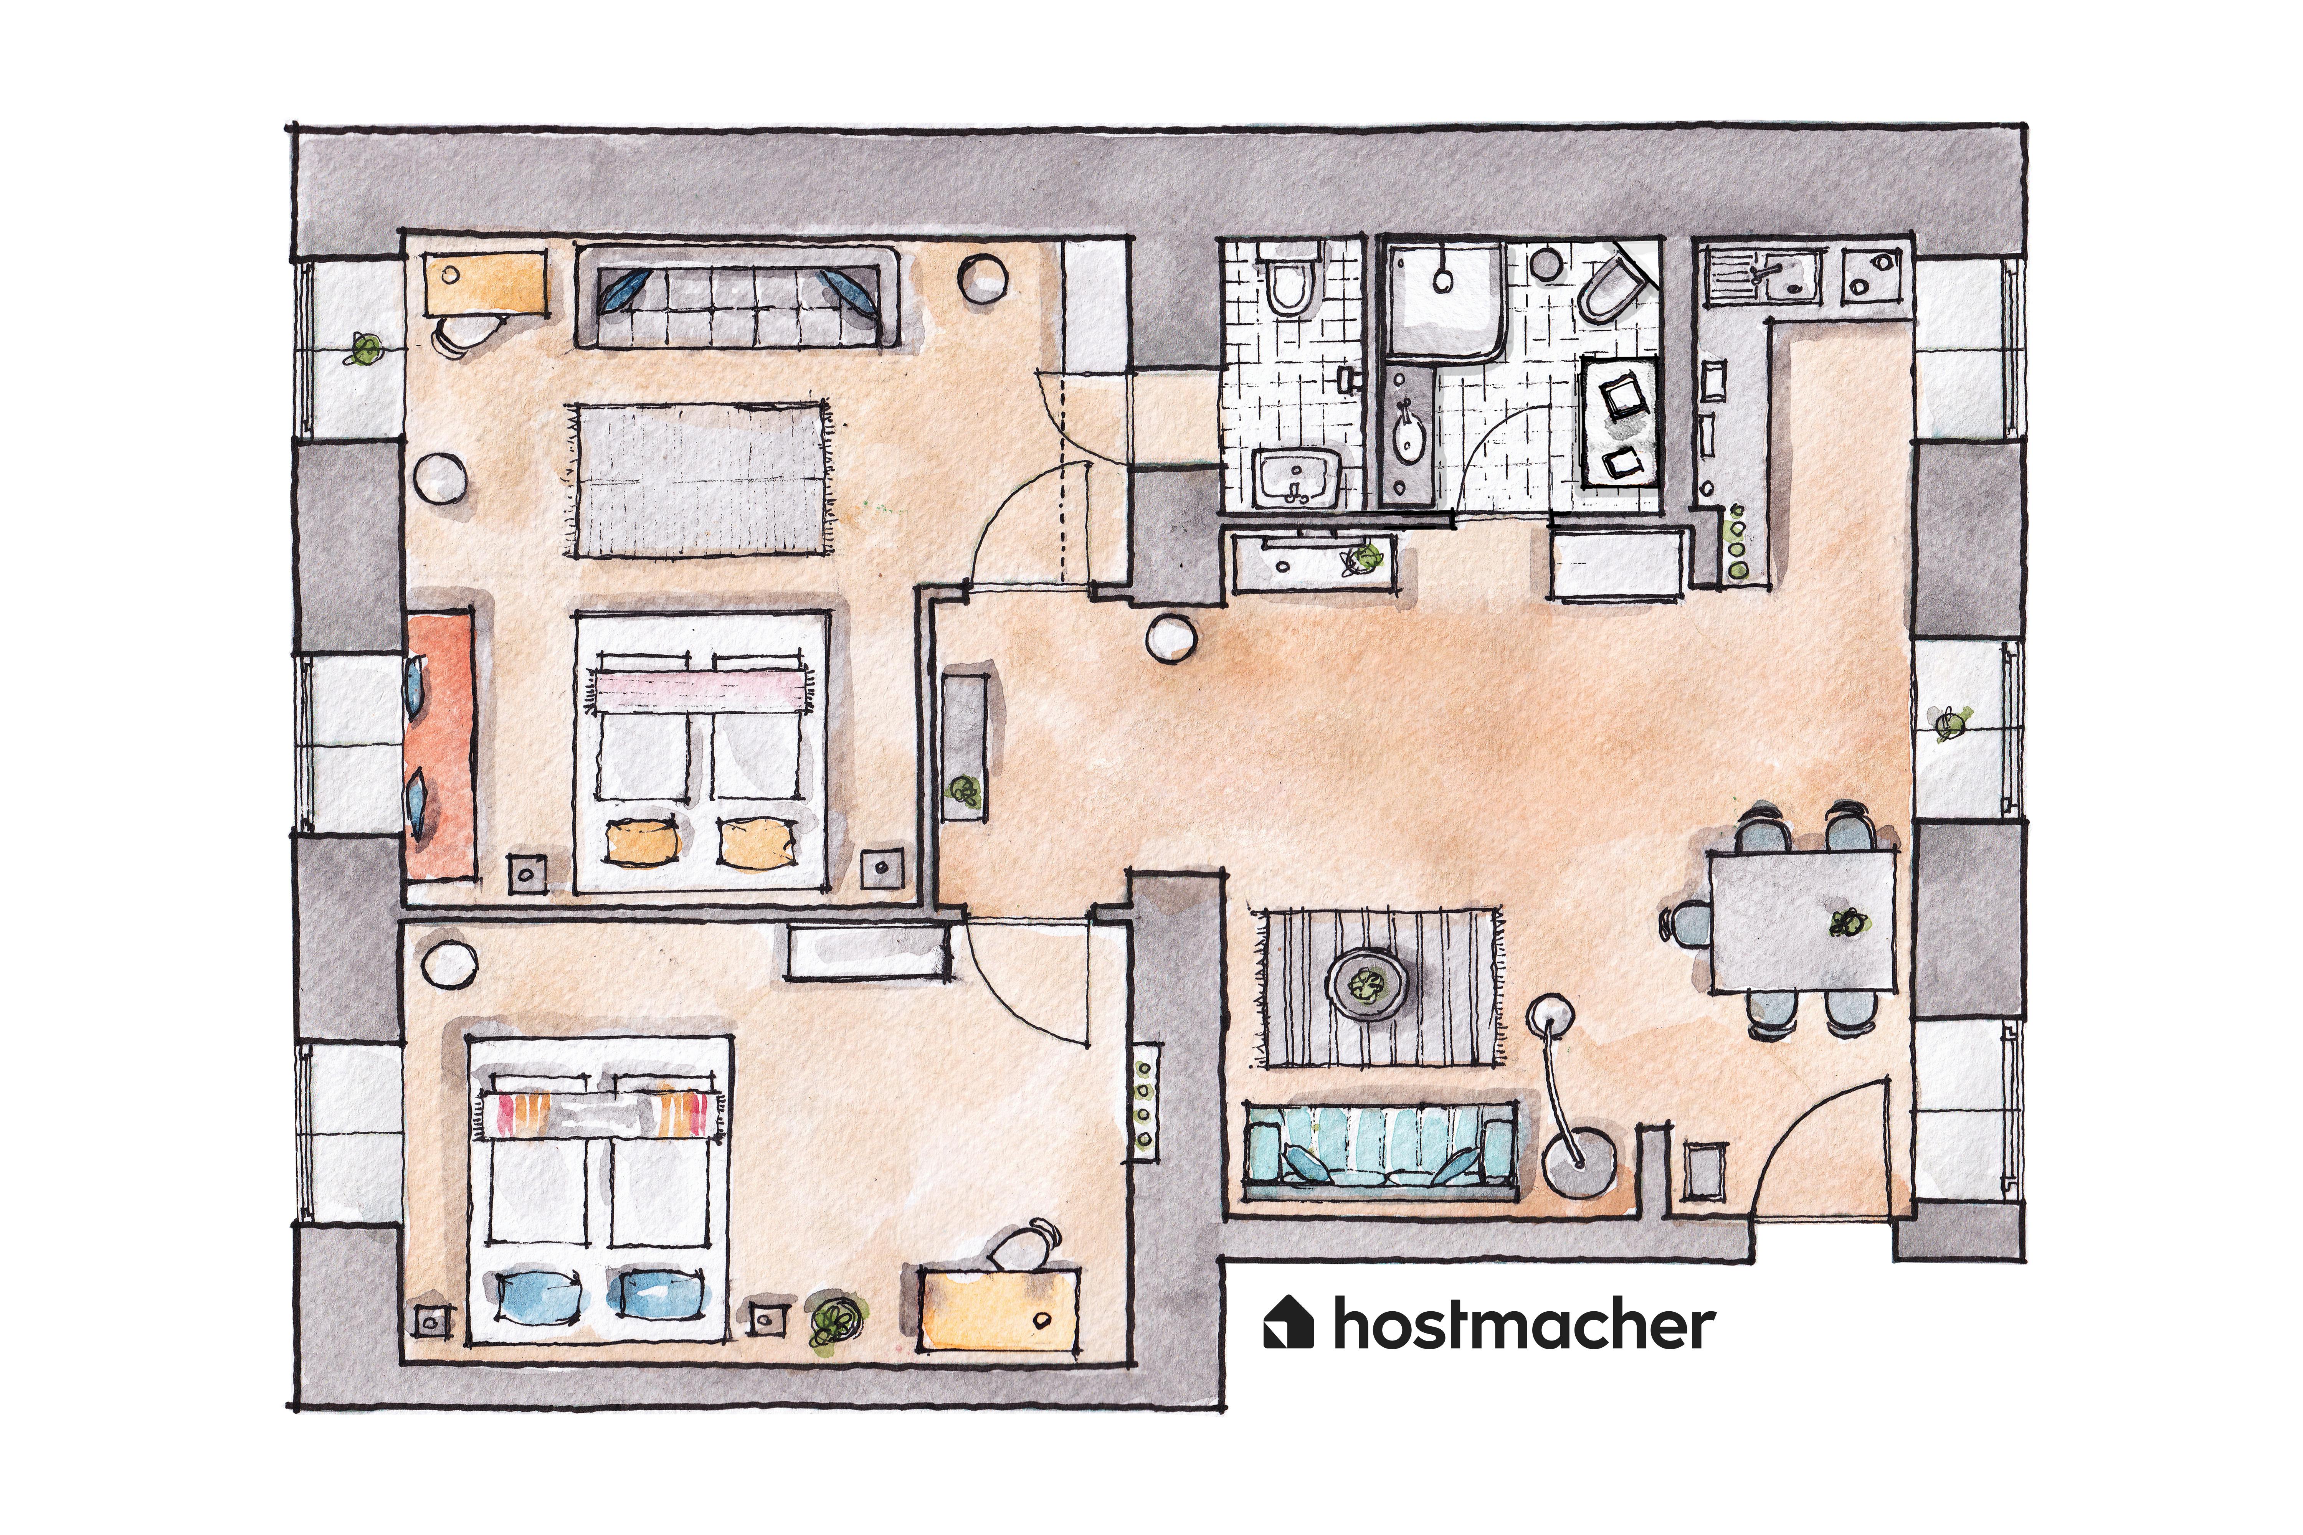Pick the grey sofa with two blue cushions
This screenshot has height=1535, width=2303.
[736, 297]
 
